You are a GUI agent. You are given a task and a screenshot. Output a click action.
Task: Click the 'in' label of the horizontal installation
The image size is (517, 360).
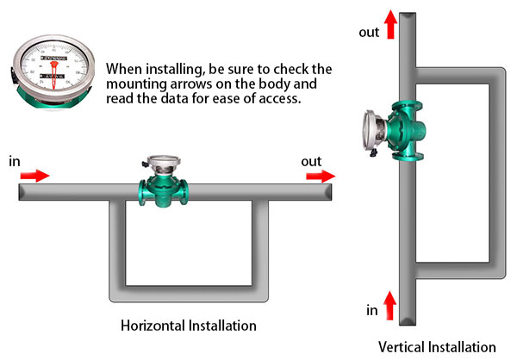tap(15, 161)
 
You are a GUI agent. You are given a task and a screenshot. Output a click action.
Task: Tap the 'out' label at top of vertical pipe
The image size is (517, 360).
tap(368, 32)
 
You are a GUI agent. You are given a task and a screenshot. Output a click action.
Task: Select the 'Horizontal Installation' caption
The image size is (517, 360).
tap(188, 326)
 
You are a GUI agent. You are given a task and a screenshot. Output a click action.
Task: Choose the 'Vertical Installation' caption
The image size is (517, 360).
tap(437, 347)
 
